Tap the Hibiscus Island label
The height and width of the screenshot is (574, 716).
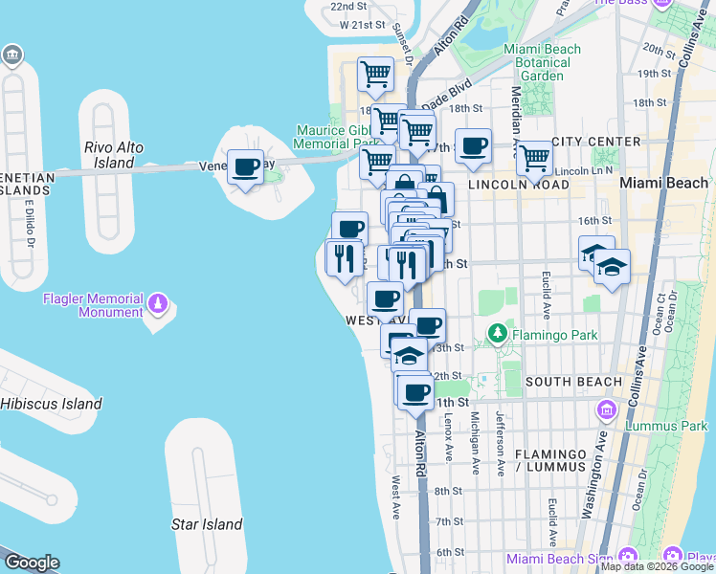coord(51,404)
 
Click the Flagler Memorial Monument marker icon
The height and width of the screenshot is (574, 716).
coord(158,305)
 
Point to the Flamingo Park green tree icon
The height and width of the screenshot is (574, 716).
coord(497,334)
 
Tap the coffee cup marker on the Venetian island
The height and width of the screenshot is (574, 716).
coord(246,167)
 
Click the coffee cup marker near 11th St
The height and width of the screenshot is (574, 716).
coord(416,392)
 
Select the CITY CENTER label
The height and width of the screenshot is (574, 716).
coord(602,142)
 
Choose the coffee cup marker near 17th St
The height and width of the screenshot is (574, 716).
coord(473,146)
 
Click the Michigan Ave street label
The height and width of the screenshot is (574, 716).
coord(474,443)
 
